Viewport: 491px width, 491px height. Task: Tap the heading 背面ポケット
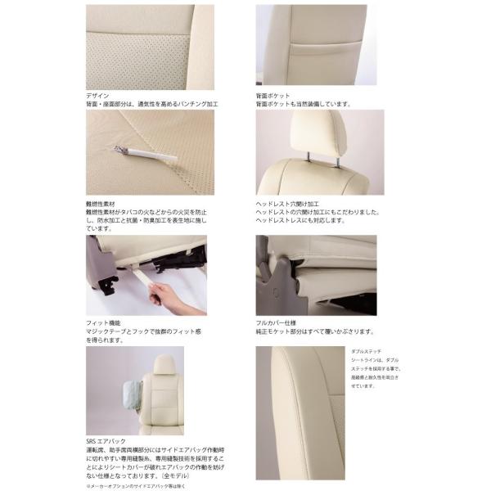click(273, 96)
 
